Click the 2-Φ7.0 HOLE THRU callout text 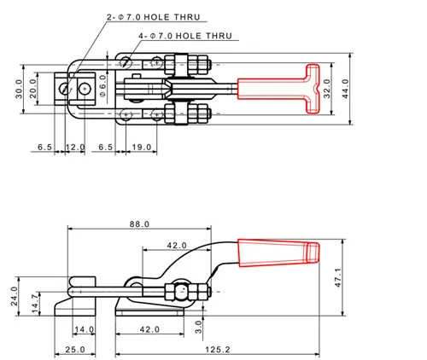154,17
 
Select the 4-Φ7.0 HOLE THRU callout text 185,36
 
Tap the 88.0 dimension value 139,224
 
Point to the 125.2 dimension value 218,350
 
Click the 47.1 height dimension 337,277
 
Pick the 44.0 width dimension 345,89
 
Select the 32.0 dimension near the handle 327,89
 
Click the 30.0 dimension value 19,89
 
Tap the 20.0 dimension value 33,89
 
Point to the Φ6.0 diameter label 102,85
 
